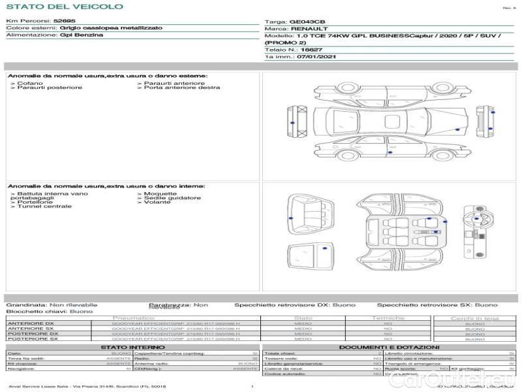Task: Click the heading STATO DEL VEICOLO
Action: pos(64,7)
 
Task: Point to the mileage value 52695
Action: pos(65,22)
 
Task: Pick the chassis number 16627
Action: pos(312,50)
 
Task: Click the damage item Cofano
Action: pos(31,84)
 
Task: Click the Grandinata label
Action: pos(27,305)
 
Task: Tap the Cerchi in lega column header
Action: pos(474,318)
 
